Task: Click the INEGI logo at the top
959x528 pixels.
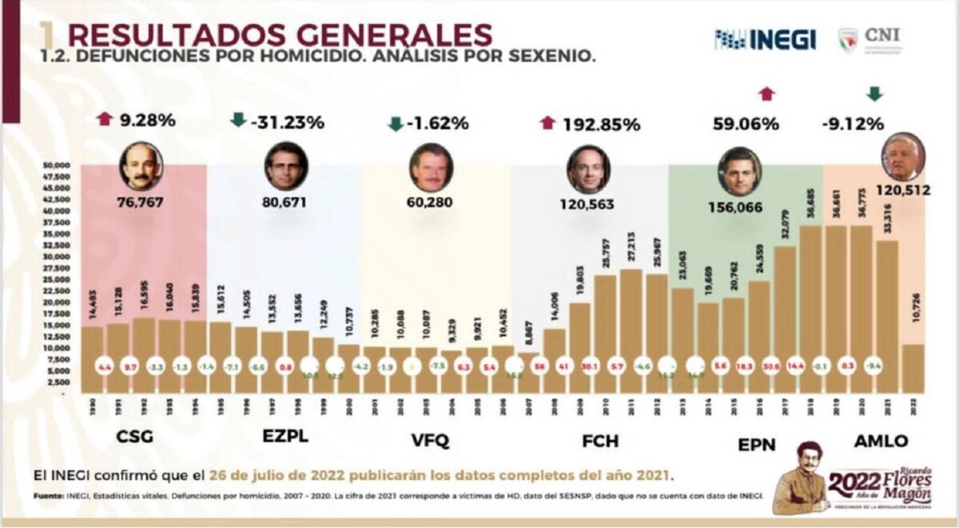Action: (765, 38)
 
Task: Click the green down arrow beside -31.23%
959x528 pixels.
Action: (238, 121)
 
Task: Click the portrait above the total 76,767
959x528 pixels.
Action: (141, 166)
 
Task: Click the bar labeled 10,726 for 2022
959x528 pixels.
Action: (912, 368)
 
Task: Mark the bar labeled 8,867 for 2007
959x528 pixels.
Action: (529, 372)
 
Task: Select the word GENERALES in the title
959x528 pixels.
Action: (383, 35)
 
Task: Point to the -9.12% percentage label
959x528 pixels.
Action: (853, 124)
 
